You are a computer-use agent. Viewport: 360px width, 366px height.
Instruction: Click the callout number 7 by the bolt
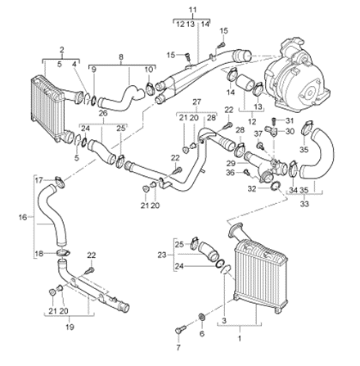(178, 347)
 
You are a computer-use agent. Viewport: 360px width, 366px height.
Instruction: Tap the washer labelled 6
(202, 317)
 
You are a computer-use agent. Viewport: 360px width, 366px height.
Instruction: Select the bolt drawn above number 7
(180, 328)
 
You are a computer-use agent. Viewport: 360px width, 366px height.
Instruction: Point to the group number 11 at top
(193, 10)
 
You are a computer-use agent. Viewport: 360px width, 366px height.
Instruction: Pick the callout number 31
(289, 120)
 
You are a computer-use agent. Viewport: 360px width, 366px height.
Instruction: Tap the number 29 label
(231, 163)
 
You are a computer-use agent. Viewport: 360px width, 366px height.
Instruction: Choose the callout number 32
(252, 188)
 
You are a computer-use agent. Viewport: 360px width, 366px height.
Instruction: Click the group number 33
(304, 204)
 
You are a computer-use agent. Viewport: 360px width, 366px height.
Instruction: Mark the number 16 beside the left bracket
(23, 217)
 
